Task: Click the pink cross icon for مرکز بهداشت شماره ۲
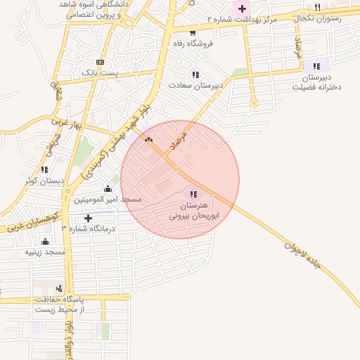pyautogui.click(x=243, y=9)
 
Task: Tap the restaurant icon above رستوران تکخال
pyautogui.click(x=318, y=7)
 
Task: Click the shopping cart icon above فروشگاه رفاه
pyautogui.click(x=193, y=32)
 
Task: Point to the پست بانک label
pyautogui.click(x=99, y=72)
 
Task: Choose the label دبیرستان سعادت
pyautogui.click(x=195, y=86)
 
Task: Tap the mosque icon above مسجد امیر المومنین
pyautogui.click(x=108, y=188)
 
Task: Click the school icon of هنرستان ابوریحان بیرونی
pyautogui.click(x=193, y=194)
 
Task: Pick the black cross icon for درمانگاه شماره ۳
pyautogui.click(x=88, y=218)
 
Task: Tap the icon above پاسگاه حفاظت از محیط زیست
pyautogui.click(x=59, y=288)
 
